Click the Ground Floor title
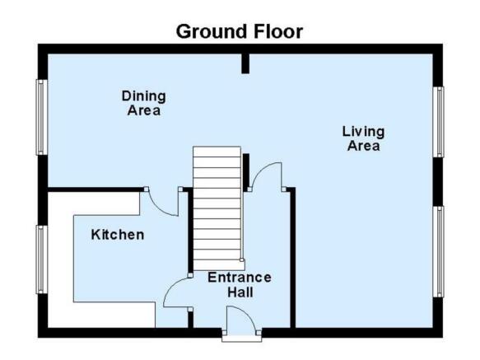coord(240,31)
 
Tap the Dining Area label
coord(144,103)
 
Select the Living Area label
coord(363,138)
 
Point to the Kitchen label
coord(118,235)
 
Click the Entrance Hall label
coord(240,285)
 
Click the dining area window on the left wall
coord(42,117)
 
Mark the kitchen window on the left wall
coord(42,259)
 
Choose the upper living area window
coord(438,122)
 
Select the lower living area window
coord(438,251)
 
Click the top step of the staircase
coord(217,152)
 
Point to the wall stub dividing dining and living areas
coord(245,63)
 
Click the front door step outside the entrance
coord(242,339)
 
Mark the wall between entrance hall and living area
coord(292,258)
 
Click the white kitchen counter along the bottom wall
coord(101,315)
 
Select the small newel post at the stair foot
coord(242,260)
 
